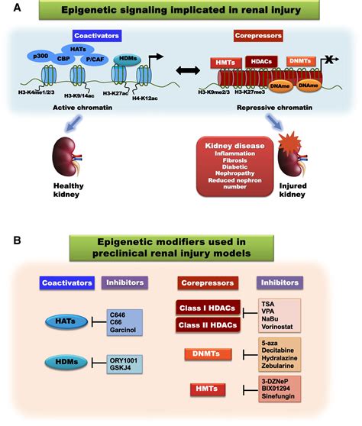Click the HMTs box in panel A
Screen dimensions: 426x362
pos(228,60)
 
